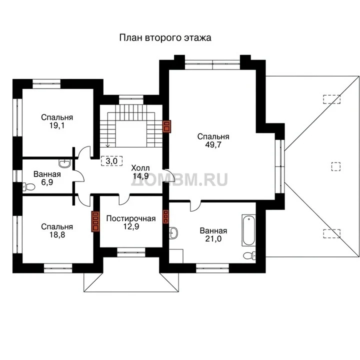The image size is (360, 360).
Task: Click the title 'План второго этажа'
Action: coord(165,38)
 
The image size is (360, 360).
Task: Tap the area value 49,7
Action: coord(213,145)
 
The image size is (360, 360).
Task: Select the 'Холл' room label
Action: coord(140,168)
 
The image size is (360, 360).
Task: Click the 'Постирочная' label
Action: coord(131,218)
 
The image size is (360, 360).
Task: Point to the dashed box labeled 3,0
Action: coord(111,161)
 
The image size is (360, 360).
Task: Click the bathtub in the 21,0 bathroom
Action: coord(248,230)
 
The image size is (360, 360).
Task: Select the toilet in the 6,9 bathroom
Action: coord(28,186)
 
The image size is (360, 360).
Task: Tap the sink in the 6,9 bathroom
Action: coord(65,163)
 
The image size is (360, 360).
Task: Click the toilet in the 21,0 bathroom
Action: coord(249,255)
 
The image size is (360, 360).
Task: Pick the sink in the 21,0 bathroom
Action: coord(173,233)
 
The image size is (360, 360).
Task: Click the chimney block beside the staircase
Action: coord(166,126)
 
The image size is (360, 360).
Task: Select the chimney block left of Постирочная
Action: coord(95,221)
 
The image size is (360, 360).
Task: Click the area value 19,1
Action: coord(57,125)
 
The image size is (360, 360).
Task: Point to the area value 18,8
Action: coord(57,234)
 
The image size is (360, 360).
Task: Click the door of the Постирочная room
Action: coord(124,199)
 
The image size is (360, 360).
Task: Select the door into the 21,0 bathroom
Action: coord(195,205)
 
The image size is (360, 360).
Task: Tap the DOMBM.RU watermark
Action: coord(179,179)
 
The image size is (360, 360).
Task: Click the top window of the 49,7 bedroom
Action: coord(212,64)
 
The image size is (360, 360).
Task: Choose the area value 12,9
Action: coord(131,226)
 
